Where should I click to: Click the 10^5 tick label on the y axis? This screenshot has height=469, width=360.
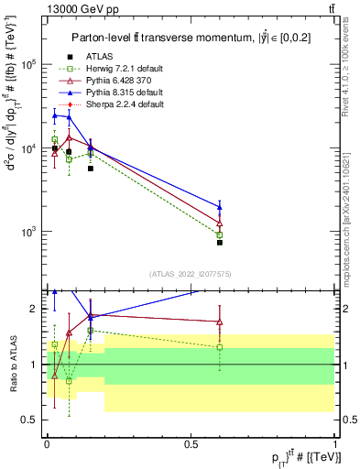[x=29, y=65]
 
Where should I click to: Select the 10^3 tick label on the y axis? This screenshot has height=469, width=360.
[x=29, y=231]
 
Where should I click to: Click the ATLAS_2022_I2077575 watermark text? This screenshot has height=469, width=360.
[x=189, y=273]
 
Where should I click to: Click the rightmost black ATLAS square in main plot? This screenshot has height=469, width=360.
[x=220, y=243]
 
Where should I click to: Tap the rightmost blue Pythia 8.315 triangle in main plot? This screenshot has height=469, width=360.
[x=220, y=206]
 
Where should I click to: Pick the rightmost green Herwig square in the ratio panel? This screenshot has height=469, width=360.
[x=220, y=347]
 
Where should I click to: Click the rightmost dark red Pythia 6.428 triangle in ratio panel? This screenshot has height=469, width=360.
[x=220, y=322]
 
